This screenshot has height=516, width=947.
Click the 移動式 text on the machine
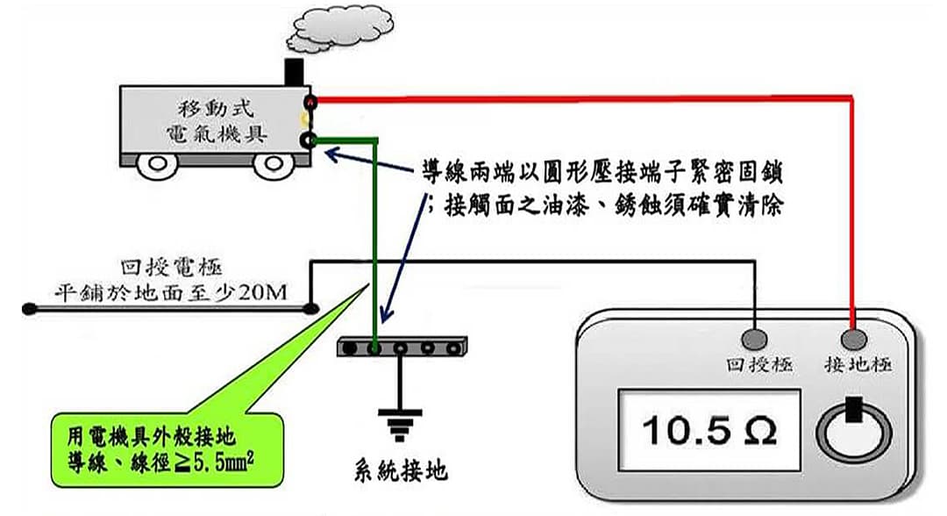pos(214,110)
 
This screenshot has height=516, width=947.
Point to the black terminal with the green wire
pos(309,140)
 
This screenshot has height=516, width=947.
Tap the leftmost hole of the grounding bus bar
pos(350,348)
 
